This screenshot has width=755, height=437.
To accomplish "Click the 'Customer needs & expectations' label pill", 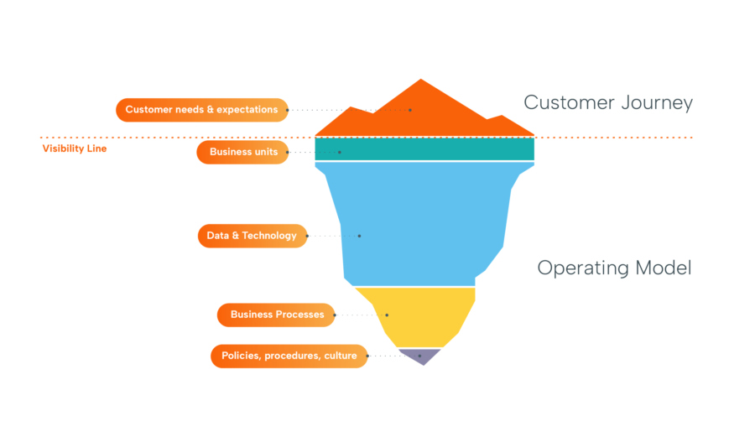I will [201, 110].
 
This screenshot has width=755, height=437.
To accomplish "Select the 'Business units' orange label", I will [242, 152].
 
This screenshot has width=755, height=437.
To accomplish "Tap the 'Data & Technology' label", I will [252, 236].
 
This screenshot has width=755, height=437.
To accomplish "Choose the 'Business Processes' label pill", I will [276, 315].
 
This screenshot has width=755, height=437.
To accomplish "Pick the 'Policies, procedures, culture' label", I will [289, 356].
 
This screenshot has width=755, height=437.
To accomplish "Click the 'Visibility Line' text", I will [75, 149].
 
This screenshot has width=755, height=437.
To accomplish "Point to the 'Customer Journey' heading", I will [608, 102].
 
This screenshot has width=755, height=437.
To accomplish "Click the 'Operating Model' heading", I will [614, 268].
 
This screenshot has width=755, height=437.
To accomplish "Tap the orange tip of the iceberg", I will [424, 113].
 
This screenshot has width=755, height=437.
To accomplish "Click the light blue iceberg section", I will [419, 222].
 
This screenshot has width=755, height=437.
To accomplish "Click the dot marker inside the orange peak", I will [410, 110].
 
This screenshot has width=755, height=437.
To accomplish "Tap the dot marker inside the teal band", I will [340, 152].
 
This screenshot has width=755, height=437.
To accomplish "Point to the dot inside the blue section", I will [359, 236].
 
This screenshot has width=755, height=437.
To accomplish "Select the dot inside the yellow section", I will [387, 315].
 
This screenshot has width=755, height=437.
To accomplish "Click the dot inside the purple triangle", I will [419, 356].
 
